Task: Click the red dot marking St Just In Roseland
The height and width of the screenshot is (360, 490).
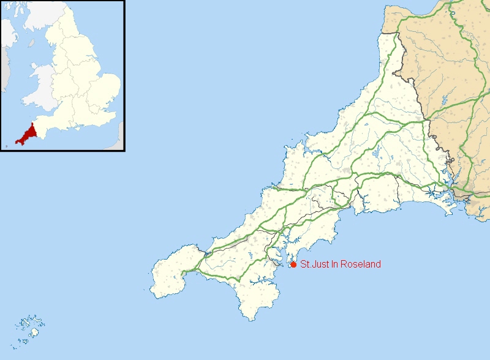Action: click(x=293, y=264)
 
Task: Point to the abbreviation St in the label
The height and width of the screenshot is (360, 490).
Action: click(x=304, y=264)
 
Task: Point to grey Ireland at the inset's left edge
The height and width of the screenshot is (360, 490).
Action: click(x=5, y=67)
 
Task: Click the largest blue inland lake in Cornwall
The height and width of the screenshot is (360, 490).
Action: click(x=379, y=151)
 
